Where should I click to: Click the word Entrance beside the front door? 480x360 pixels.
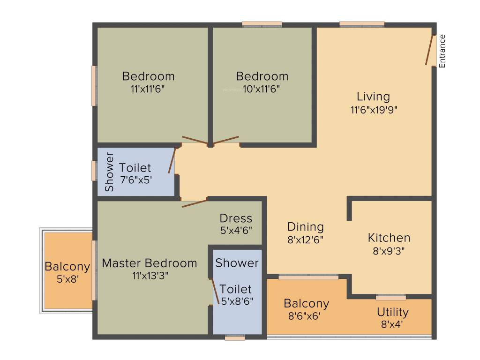442,51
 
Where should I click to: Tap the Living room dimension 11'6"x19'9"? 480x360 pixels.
373,110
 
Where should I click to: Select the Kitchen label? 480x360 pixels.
389,237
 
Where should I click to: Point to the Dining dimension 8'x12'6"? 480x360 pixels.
306,239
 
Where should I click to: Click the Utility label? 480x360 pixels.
393,312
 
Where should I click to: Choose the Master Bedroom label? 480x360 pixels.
150,263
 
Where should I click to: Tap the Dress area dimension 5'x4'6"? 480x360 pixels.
236,231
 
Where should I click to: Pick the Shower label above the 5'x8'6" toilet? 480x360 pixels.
237,263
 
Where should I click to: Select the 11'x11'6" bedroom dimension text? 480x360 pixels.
148,89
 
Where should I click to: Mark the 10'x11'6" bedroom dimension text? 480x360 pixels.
262,89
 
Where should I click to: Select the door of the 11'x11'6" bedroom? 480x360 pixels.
195,140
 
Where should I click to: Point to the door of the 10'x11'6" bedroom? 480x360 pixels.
226,140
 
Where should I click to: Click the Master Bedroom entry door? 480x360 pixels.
194,203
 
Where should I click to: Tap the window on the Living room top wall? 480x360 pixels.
362,23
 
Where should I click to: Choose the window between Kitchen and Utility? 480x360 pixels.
391,297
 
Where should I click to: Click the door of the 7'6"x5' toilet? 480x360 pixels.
172,161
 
